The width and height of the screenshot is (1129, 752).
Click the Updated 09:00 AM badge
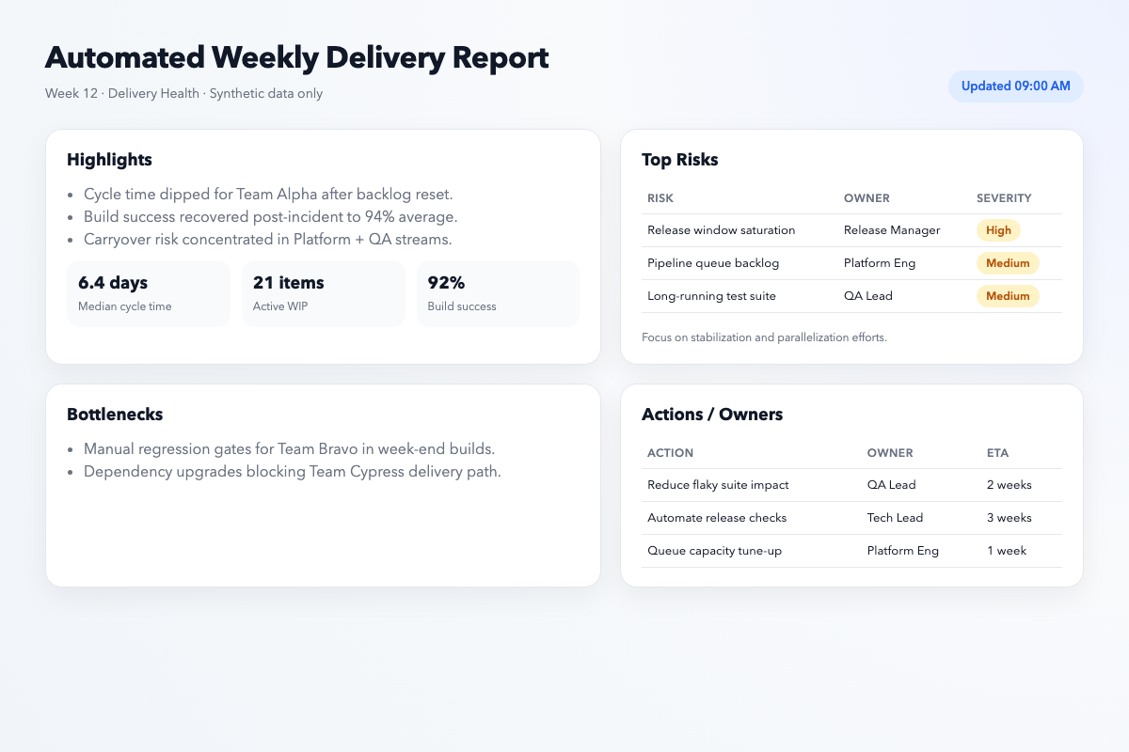point(1015,86)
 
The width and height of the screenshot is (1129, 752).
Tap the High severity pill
point(998,230)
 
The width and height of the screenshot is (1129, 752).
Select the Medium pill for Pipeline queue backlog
point(1008,263)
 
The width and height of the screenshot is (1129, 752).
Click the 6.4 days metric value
point(113,283)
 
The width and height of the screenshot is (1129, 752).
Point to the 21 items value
point(288,283)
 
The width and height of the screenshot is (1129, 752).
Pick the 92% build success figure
point(446,283)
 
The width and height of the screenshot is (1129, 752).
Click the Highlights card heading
point(109,160)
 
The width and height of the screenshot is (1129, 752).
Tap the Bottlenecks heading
point(115,415)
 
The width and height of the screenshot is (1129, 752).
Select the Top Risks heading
point(679,160)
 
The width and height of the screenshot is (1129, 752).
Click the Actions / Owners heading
point(711,415)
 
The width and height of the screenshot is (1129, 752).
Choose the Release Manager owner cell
point(891,230)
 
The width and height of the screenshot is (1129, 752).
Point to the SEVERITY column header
point(1004,198)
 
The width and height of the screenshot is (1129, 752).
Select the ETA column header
point(997,453)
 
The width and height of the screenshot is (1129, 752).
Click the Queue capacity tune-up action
point(714,551)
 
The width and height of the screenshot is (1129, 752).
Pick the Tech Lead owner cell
point(895,518)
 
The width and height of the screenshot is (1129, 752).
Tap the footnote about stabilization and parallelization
point(764,337)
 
